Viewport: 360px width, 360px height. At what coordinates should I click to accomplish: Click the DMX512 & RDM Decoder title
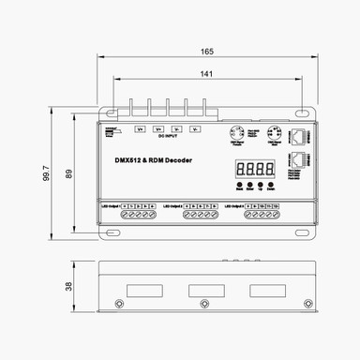point(147,160)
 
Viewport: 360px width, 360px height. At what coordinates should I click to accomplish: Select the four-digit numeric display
point(254,169)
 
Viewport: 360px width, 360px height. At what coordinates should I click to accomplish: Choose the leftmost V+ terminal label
point(141,127)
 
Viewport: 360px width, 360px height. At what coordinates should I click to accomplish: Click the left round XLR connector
point(237,134)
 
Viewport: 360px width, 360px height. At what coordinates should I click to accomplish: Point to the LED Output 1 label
point(112,203)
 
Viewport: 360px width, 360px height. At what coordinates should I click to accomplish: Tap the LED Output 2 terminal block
point(202,214)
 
